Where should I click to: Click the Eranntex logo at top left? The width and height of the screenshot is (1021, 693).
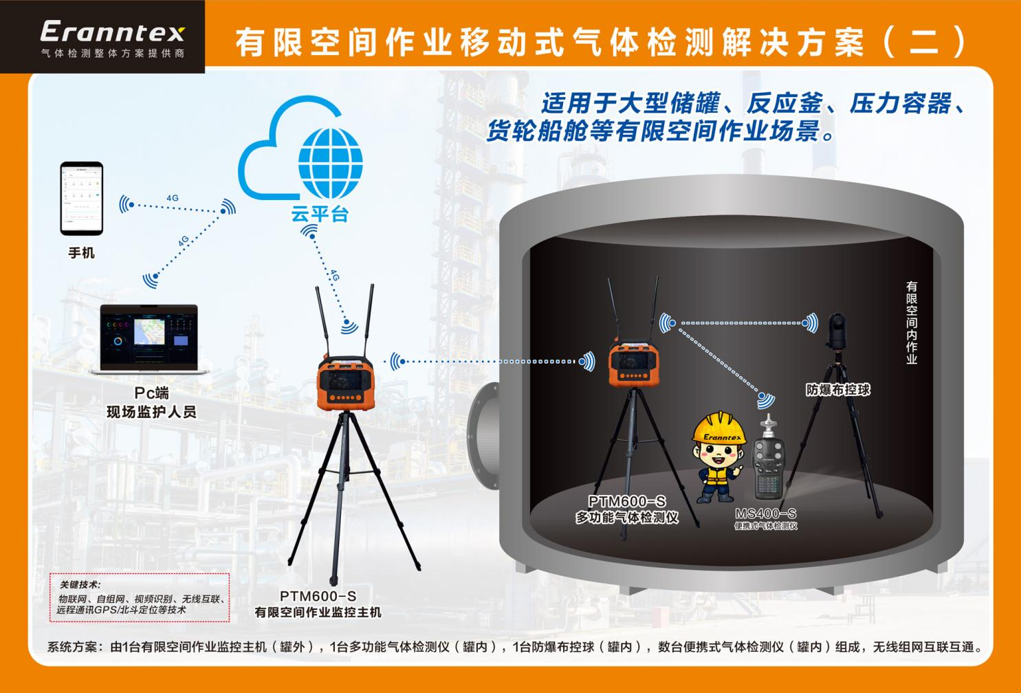[x=112, y=32]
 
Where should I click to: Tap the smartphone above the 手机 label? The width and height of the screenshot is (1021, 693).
[x=81, y=198]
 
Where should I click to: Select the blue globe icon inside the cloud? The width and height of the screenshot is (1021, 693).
[x=330, y=163]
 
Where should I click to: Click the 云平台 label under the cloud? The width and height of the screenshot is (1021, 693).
[x=320, y=214]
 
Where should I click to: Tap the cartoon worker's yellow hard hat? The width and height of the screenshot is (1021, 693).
[x=719, y=428]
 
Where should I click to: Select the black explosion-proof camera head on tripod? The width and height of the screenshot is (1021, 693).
[x=837, y=331]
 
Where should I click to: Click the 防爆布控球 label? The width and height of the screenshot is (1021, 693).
[x=838, y=390]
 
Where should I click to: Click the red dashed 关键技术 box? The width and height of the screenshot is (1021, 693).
[x=140, y=597]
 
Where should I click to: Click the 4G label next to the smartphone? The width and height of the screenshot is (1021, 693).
[x=172, y=198]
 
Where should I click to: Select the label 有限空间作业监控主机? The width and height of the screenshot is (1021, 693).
[x=318, y=612]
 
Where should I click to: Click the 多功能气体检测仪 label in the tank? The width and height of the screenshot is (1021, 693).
[x=627, y=518]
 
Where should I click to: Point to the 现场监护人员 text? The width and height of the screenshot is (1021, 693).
[x=151, y=412]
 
